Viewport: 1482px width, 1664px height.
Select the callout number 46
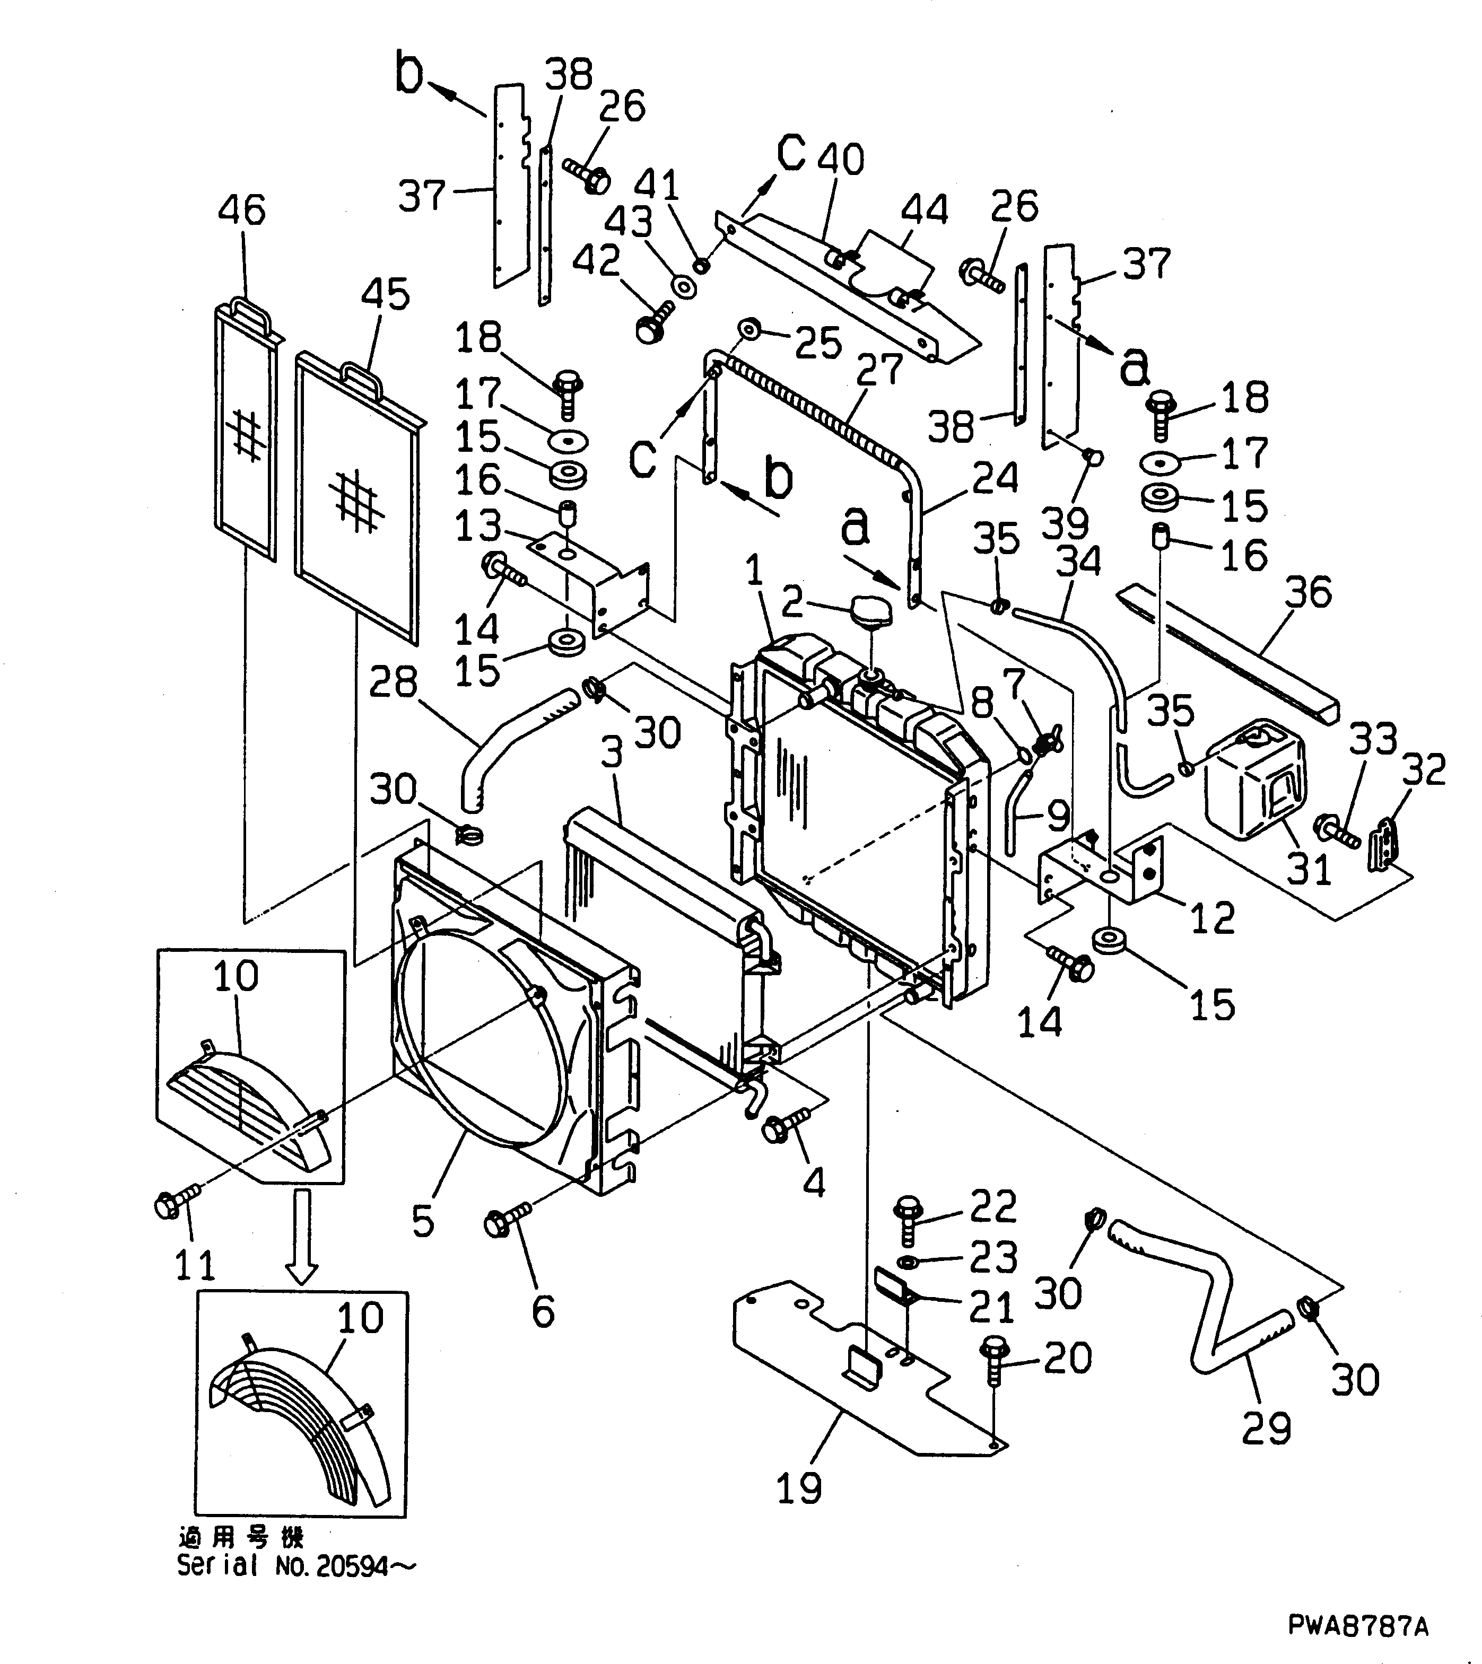242,209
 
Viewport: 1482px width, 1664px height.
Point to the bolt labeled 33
1336,829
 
